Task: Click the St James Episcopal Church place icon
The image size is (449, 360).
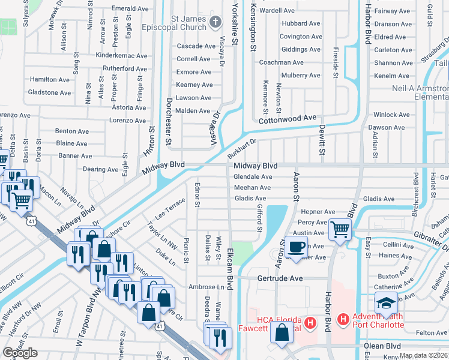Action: point(216,23)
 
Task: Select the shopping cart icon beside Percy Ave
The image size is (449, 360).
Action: point(340,229)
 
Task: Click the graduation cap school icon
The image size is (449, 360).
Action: point(385,304)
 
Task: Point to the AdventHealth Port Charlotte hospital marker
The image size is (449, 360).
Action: point(343,320)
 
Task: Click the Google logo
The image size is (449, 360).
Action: point(20,353)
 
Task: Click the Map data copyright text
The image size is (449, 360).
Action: point(424,355)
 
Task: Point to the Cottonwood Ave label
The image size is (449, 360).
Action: point(287,119)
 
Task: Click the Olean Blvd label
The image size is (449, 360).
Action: point(382,346)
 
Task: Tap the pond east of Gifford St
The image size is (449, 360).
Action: point(274,219)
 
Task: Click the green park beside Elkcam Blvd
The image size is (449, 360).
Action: point(243,252)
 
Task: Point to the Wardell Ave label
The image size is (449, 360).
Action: point(277,10)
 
